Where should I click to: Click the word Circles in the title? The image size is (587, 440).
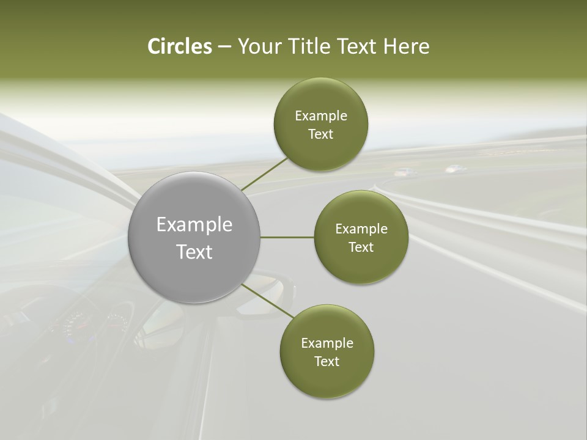pos(180,46)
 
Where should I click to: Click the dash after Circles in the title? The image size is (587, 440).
pos(224,47)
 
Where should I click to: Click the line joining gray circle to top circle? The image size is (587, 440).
pos(264,174)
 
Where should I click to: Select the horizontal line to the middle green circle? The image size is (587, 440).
pos(287,237)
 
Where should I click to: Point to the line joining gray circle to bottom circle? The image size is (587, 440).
pos(268,301)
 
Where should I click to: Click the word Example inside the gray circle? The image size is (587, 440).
pos(194,225)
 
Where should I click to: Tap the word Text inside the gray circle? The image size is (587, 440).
pos(194,252)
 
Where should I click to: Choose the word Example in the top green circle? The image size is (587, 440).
pos(321,116)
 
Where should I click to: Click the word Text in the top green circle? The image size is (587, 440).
pos(321,134)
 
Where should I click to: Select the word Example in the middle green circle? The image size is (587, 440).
pos(361,229)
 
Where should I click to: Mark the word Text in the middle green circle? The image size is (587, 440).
pos(361,248)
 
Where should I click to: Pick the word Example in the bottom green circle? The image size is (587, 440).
pos(327,343)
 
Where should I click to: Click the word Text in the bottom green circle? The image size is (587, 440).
pos(327,362)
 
